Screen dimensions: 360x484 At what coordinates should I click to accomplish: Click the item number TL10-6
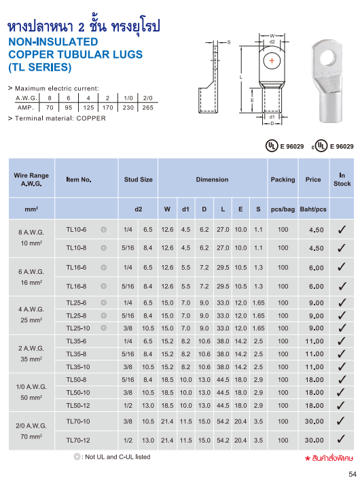coord(76,230)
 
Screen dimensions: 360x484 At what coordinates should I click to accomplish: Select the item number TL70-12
coord(77,440)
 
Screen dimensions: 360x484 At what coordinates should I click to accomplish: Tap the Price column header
coord(313,179)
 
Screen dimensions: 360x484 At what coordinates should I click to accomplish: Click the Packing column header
coord(283,179)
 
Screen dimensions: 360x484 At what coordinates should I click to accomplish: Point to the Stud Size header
coord(138,179)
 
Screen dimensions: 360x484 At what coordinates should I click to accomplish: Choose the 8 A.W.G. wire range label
coord(31,231)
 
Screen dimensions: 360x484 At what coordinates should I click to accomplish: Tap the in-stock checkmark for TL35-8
coord(342,353)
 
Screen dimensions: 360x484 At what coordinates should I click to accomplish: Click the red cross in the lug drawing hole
coord(272,61)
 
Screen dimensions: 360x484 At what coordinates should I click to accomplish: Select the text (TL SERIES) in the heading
coord(39,67)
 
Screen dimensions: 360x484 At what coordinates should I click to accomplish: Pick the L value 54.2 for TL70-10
coord(222,421)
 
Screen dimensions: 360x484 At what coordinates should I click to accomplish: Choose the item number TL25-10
coord(77,328)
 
